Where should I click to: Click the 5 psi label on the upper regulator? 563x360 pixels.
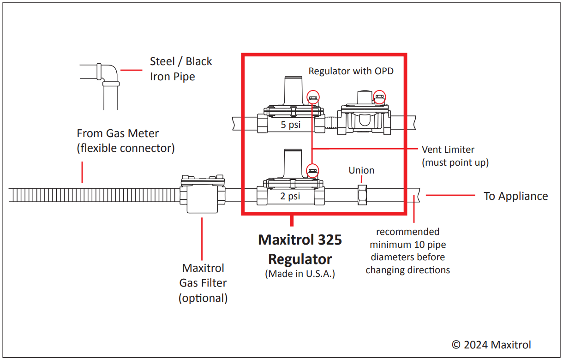tap(290, 124)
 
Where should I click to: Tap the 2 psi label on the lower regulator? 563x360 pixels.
tap(290, 196)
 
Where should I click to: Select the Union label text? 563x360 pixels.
tap(361, 170)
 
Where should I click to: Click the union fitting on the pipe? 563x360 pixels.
tap(362, 195)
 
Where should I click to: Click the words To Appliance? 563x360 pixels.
tap(515, 196)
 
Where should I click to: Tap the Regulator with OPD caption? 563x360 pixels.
tap(351, 71)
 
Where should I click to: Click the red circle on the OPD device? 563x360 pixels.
tap(379, 97)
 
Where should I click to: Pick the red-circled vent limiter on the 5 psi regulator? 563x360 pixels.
tap(313, 97)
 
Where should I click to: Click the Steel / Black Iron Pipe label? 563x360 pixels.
tap(181, 69)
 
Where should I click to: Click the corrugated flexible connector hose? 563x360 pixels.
tap(92, 195)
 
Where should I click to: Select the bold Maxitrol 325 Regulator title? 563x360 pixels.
tap(300, 249)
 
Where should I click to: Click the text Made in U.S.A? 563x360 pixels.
tap(300, 273)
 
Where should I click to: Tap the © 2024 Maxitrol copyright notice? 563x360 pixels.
tap(491, 344)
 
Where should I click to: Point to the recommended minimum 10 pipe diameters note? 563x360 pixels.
tap(407, 251)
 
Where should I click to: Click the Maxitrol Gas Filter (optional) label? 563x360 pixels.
tap(203, 283)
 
